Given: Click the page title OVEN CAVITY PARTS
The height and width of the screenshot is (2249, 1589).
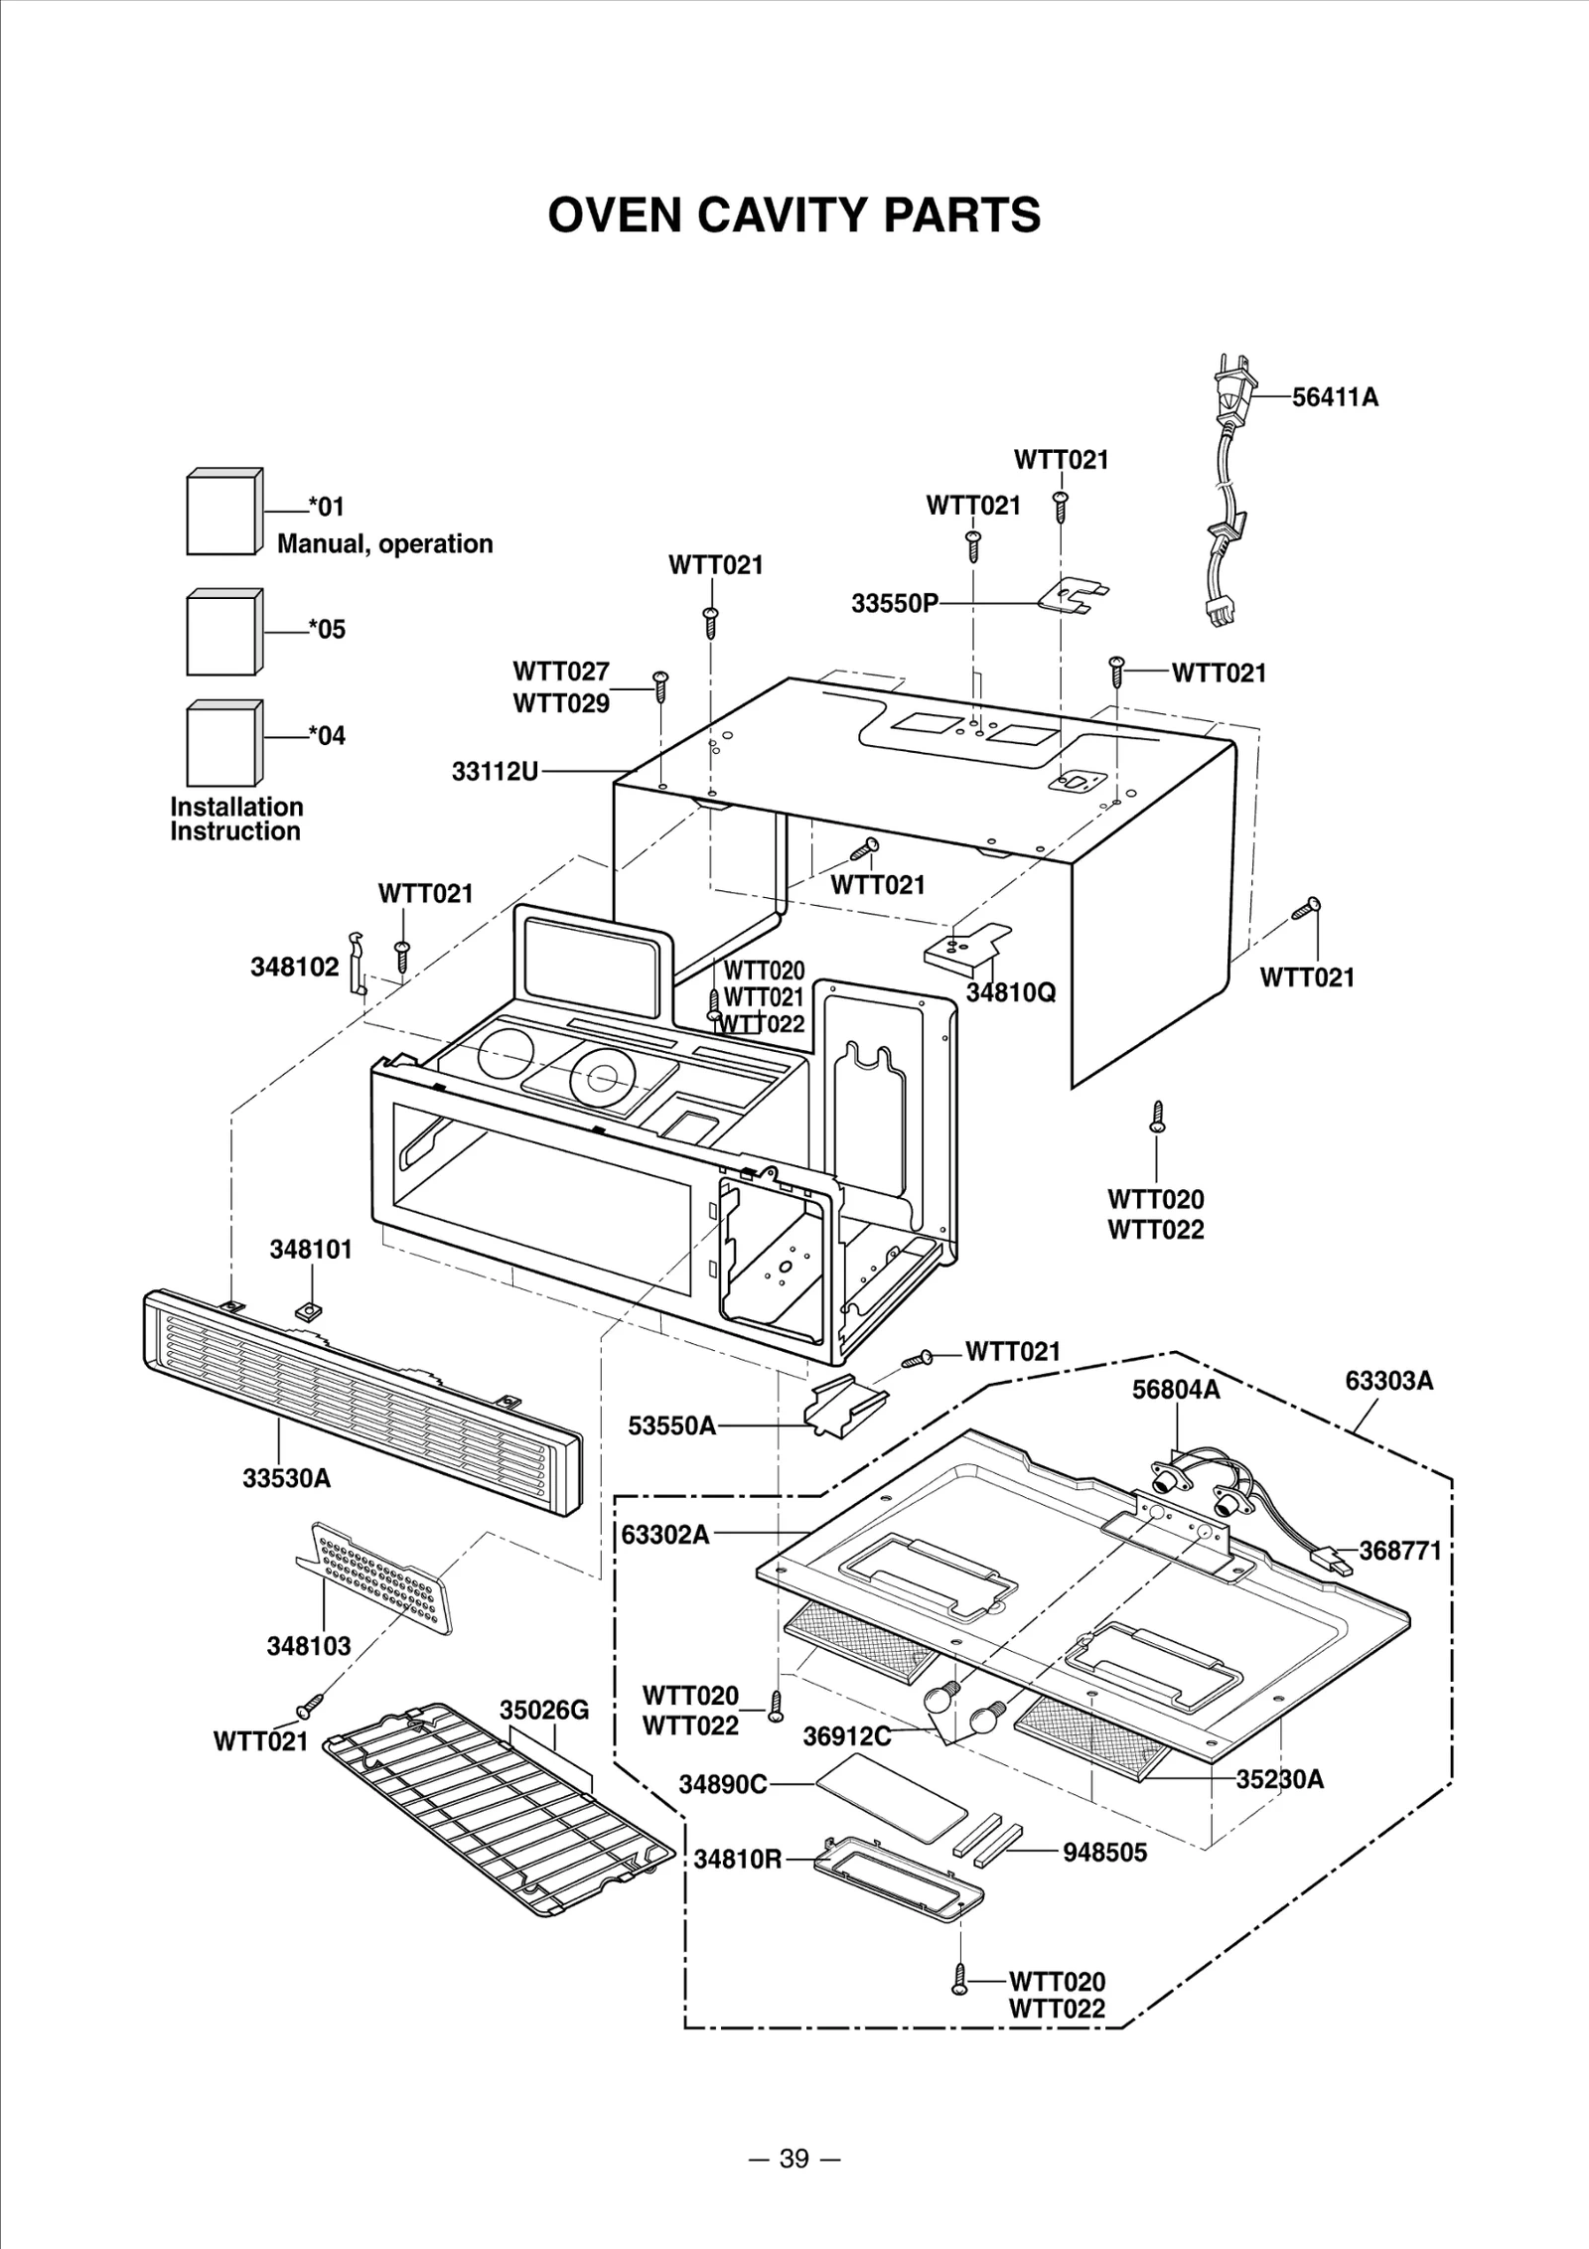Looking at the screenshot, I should click(x=794, y=215).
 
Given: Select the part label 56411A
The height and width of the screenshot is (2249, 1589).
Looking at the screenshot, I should click(x=1335, y=397).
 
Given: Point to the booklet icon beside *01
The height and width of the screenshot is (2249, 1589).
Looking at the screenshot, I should click(x=224, y=514).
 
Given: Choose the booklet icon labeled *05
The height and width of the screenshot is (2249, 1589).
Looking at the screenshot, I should click(x=224, y=632).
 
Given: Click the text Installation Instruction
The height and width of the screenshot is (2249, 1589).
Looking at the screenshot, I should click(x=236, y=819).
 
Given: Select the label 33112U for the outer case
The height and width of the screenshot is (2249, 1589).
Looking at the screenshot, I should click(x=495, y=771).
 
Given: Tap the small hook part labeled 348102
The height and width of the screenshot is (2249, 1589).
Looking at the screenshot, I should click(x=358, y=963).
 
